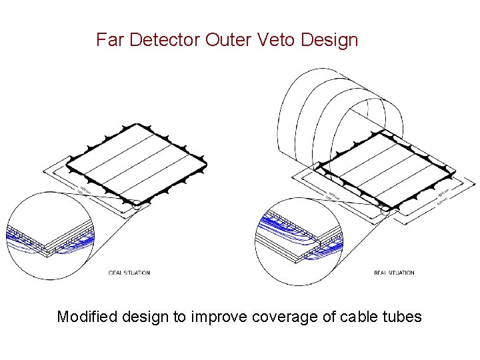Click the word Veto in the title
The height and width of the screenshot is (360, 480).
(276, 40)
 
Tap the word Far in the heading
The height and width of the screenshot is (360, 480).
(110, 40)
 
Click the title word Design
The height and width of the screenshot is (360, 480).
(329, 40)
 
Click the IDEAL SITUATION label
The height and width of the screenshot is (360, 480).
(129, 273)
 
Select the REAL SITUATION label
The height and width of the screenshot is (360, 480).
(394, 273)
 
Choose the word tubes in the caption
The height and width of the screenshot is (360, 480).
(403, 317)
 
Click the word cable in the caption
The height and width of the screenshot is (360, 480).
(359, 317)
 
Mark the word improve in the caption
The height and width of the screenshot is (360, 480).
(219, 317)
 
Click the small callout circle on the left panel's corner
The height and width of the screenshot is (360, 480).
(137, 205)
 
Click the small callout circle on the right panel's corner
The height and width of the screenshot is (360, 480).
(385, 209)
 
